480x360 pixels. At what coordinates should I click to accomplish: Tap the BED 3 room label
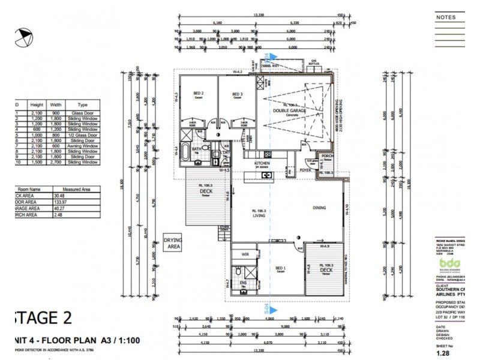click(x=238, y=94)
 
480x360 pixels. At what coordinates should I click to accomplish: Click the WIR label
click(x=244, y=254)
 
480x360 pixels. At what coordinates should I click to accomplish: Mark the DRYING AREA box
click(x=173, y=242)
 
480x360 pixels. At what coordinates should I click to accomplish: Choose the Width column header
click(x=56, y=104)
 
